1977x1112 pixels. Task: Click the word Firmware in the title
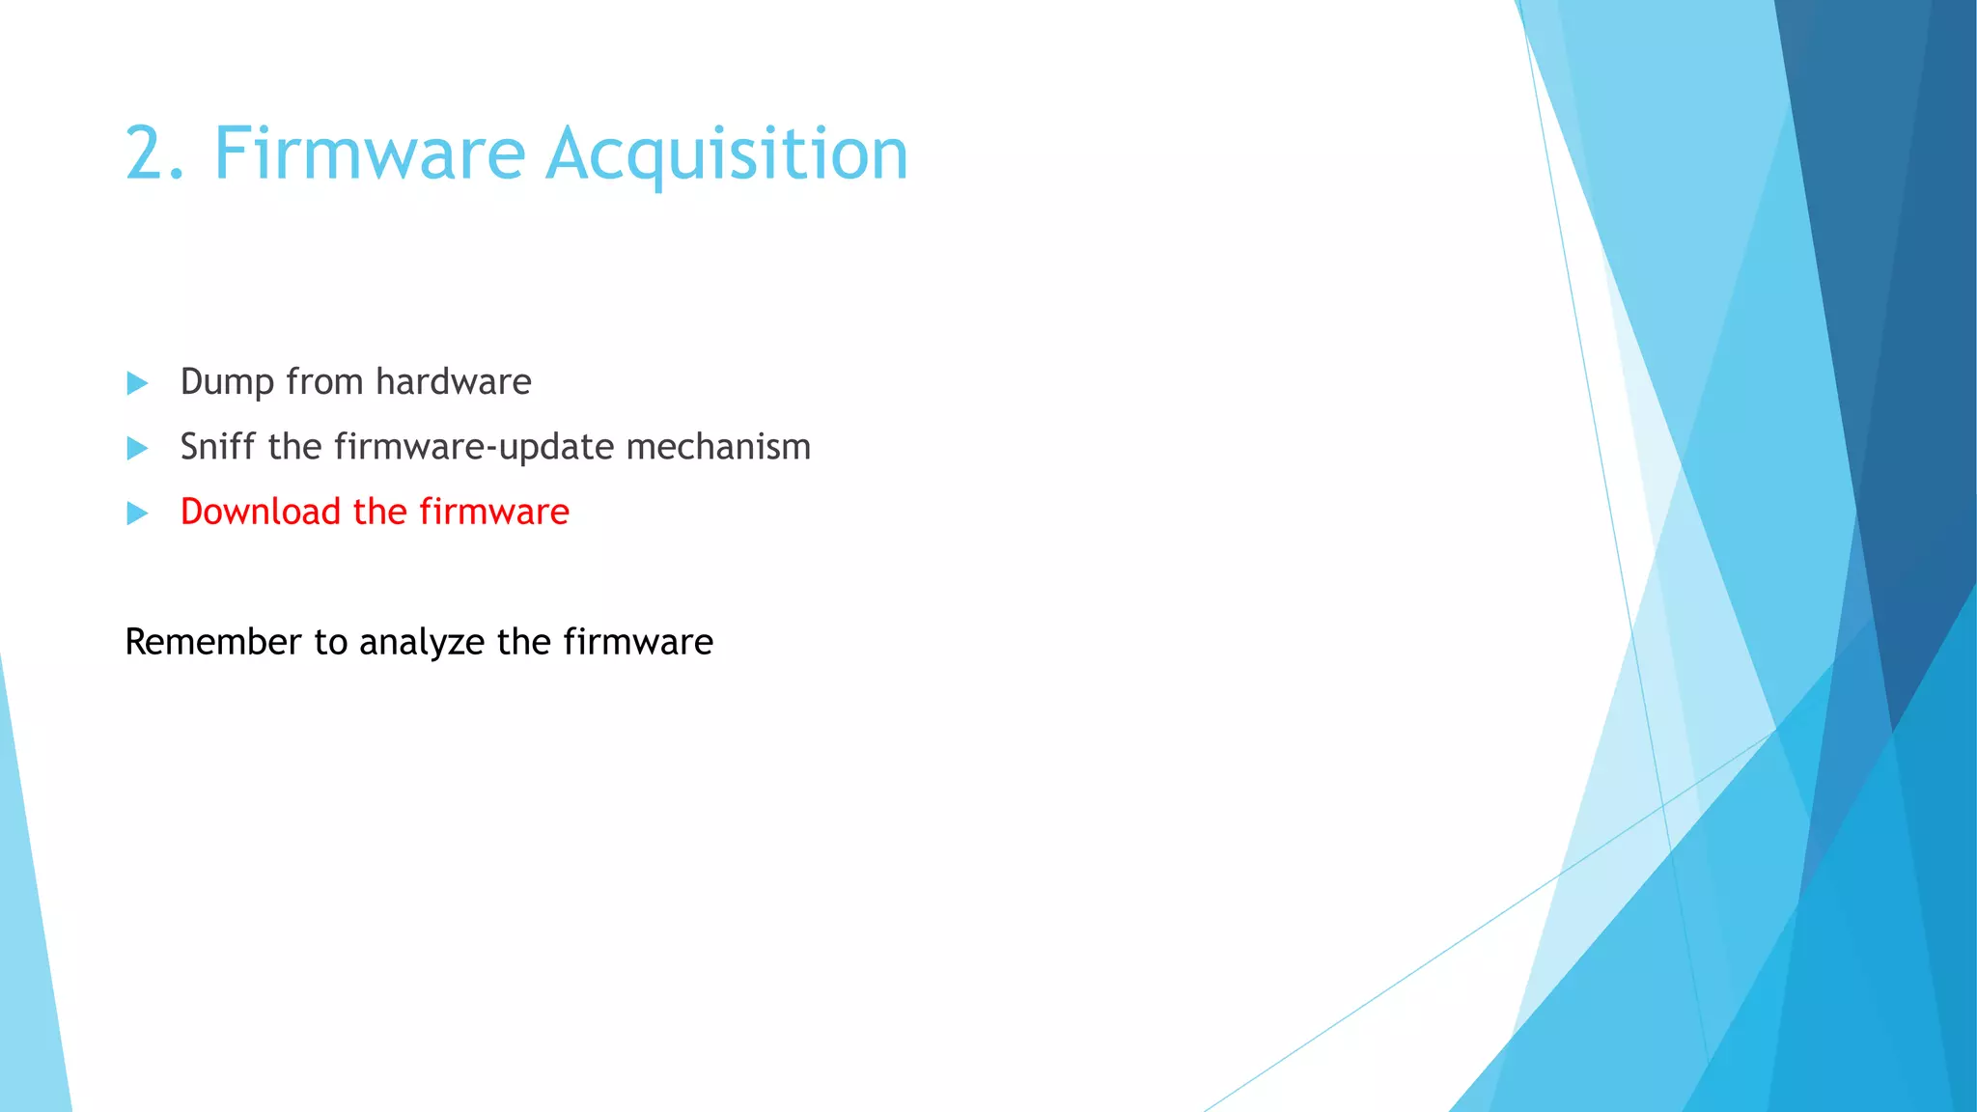[x=370, y=154]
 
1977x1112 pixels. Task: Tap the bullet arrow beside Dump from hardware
[x=137, y=384]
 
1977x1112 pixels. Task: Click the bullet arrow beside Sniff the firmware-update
[x=137, y=449]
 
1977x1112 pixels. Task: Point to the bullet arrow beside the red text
[x=137, y=514]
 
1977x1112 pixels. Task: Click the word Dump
[x=227, y=383]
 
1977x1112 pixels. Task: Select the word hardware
[x=453, y=382]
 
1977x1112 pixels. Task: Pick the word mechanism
[x=718, y=447]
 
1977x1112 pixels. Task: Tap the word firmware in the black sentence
[x=638, y=642]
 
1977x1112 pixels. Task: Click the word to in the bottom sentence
[x=331, y=643]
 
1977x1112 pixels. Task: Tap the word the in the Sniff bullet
[x=294, y=447]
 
